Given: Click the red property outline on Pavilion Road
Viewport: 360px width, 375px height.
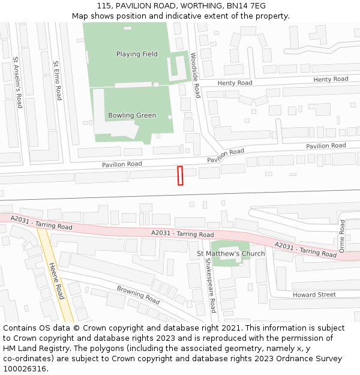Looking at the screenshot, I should coord(180,176).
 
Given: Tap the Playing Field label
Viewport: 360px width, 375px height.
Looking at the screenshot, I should coord(137,54).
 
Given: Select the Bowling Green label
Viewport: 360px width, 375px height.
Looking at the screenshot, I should coord(132,115).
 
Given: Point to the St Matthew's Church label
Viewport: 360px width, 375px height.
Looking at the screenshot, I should coord(231,254).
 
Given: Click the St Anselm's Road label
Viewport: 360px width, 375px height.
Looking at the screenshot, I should coord(18,82).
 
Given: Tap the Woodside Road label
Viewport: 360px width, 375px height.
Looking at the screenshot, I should coord(194,75).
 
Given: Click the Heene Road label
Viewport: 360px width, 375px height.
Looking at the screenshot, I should coord(56,281).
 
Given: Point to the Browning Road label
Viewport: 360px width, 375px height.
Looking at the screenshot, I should coord(138,295).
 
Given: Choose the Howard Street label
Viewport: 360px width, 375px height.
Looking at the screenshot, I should coord(314,295).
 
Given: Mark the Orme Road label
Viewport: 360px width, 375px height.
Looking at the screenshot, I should coord(342,236).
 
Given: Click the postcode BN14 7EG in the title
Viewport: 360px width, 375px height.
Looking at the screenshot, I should coord(246,6).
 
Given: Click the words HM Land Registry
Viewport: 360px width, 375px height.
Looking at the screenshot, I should coord(38,349).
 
